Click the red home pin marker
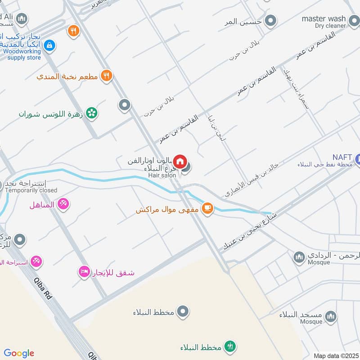pos(180,161)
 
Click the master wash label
pos(324,18)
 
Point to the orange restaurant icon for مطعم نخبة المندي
pos(106,75)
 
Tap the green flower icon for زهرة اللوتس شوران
pos(92,113)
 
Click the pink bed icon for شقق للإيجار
pos(84,272)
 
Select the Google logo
pos(19,353)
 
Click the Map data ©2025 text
pos(336,355)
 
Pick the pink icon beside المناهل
pos(64,204)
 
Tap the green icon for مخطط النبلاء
pos(230,346)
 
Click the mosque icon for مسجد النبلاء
pos(330,316)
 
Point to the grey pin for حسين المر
pos(270,21)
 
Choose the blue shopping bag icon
pos(50,45)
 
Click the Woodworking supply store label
pos(24,54)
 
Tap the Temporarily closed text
pos(31,190)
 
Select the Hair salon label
pos(162,175)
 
